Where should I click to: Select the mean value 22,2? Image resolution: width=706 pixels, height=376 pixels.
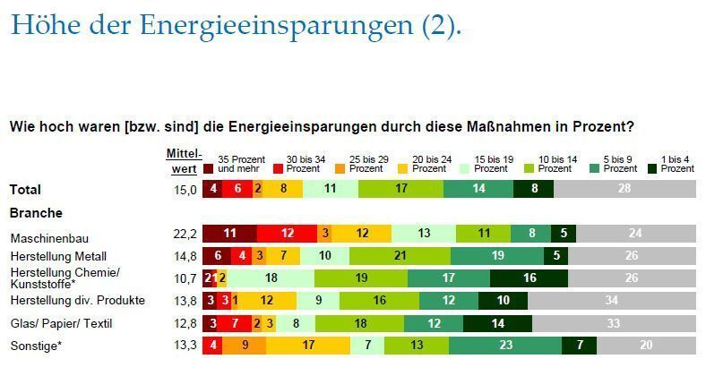click(x=185, y=234)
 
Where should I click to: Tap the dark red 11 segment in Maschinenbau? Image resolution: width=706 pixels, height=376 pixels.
click(x=229, y=234)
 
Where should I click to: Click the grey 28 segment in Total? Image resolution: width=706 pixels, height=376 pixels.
click(x=624, y=189)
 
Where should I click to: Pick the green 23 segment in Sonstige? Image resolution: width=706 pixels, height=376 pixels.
click(x=505, y=345)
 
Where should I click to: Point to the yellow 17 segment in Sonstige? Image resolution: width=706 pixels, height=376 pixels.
click(x=307, y=345)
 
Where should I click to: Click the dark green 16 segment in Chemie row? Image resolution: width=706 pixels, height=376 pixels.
click(x=529, y=278)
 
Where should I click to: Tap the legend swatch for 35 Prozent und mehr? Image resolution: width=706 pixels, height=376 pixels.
click(x=208, y=168)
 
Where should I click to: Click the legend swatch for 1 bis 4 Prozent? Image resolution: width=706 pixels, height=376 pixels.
click(x=654, y=168)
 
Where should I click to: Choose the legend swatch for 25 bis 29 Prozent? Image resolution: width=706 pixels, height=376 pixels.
click(x=341, y=168)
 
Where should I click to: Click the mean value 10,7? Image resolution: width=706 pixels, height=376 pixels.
click(x=185, y=278)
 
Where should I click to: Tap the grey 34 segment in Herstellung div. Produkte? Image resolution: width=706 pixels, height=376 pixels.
click(x=612, y=300)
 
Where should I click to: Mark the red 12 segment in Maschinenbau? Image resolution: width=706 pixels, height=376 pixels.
click(x=287, y=234)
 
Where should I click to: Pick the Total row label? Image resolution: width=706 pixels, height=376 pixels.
click(x=26, y=190)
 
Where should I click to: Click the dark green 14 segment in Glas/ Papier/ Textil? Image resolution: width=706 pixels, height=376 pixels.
click(x=496, y=322)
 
